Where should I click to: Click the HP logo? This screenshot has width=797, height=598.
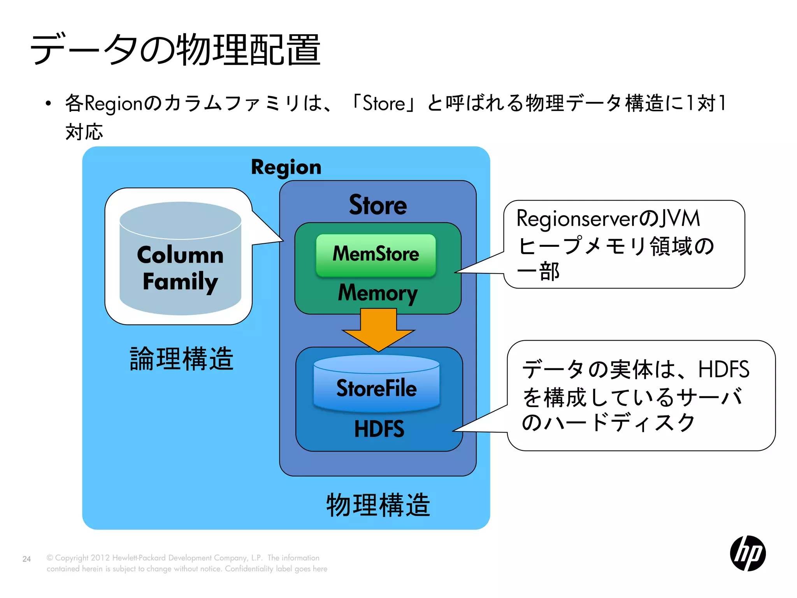748,553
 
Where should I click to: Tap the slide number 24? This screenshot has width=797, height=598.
26,559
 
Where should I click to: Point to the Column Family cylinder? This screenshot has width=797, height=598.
180,259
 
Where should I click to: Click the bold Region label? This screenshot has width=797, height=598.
286,167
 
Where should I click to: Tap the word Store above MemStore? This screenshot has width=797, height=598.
377,205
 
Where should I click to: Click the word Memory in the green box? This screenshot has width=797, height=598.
377,293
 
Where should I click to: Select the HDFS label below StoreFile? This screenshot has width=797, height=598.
379,429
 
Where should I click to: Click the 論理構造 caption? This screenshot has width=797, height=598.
181,359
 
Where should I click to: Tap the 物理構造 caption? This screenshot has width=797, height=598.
378,505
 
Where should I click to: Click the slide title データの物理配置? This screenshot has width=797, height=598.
175,50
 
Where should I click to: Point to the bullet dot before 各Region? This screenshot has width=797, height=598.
48,104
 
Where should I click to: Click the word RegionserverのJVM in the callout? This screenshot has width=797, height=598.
608,218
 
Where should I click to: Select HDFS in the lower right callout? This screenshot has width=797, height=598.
723,369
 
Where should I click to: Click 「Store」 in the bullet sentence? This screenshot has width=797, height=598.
384,104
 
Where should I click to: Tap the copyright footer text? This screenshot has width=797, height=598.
187,563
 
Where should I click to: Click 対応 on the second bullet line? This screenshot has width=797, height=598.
84,132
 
